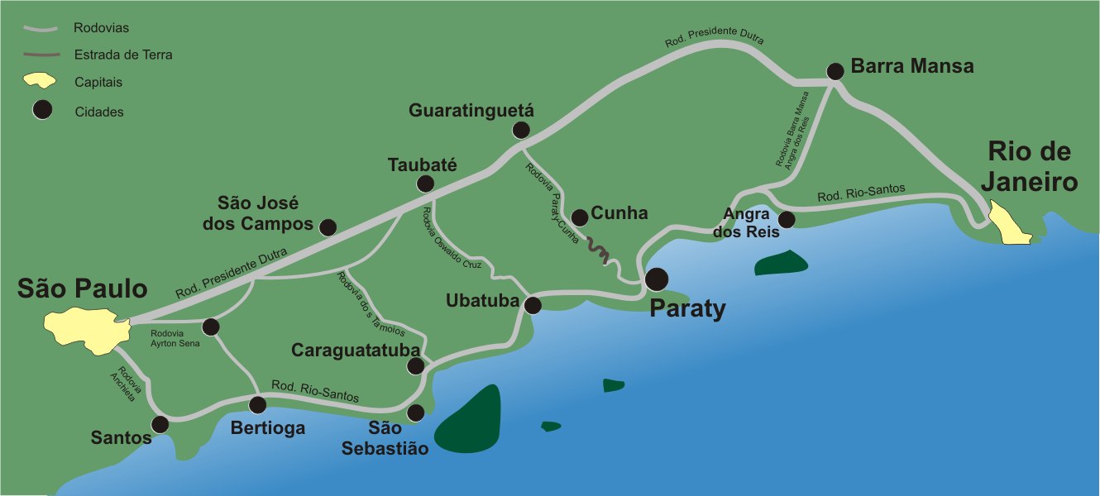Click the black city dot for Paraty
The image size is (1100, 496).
[x=658, y=279]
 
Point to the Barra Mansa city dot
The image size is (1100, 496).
[x=835, y=71]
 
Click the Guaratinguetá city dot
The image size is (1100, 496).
[x=521, y=129]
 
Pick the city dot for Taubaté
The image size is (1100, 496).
[x=425, y=184]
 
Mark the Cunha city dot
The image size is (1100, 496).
[x=580, y=217]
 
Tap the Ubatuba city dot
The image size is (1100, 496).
[x=533, y=305]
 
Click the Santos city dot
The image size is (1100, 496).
[x=160, y=424]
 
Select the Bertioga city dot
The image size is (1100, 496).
[x=258, y=405]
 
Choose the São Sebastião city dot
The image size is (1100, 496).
[x=416, y=412]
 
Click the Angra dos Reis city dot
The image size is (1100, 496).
[x=787, y=219]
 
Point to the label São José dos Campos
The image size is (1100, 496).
[x=264, y=213]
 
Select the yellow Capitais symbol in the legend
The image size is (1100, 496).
[x=40, y=81]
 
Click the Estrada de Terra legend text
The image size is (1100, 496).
[x=122, y=55]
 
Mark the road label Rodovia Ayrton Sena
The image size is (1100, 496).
[x=175, y=338]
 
